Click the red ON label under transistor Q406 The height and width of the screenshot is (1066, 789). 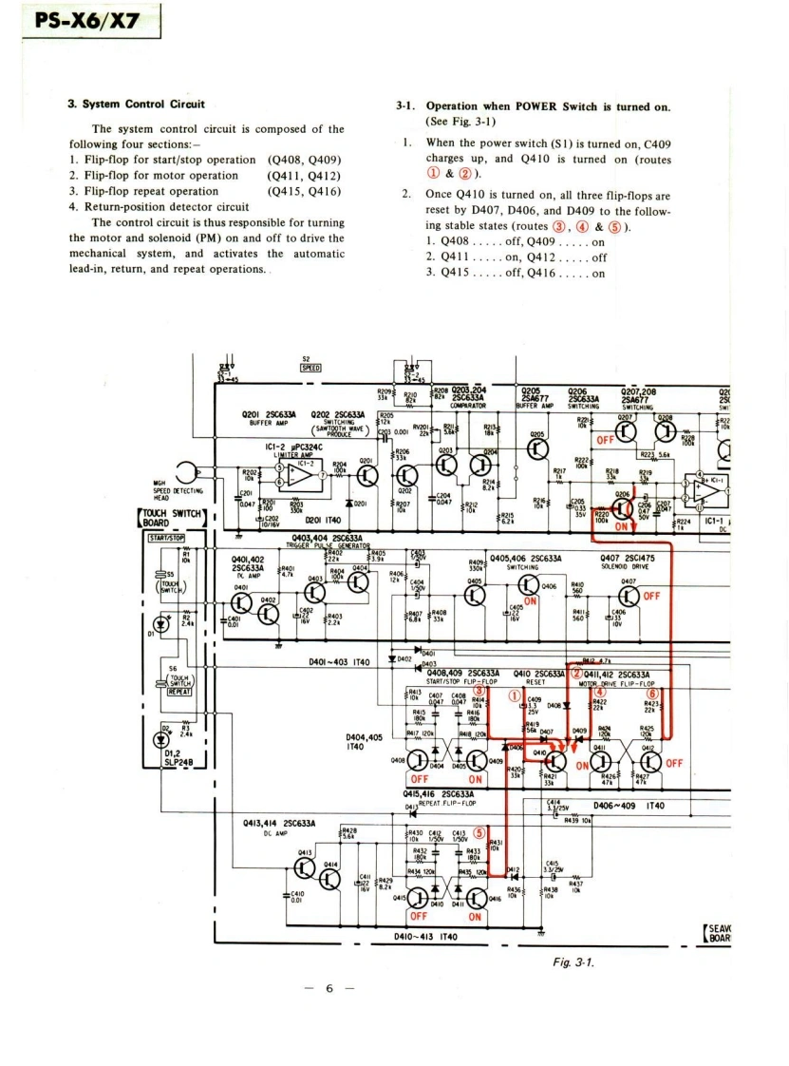(x=518, y=613)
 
